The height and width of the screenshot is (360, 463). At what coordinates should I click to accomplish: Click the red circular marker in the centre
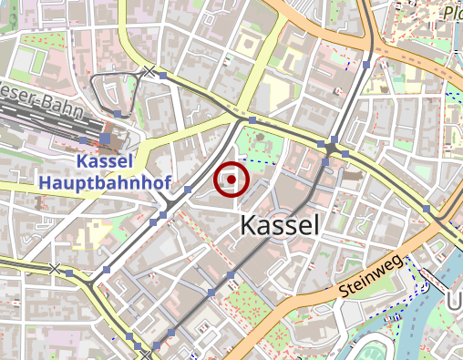pos(231,180)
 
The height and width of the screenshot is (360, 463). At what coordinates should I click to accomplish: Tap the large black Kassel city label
pos(280,226)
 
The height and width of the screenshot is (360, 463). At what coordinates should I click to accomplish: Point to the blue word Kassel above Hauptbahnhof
pos(105,162)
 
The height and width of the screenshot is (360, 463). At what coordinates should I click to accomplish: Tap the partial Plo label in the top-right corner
pos(452,13)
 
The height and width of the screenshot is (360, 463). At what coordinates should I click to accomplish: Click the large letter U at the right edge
pos(456,301)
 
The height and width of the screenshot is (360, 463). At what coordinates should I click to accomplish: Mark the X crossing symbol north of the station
pos(149,70)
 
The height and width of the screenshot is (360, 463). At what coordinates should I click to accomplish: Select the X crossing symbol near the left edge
pos(57,270)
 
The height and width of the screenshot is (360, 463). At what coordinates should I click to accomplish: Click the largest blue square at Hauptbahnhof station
pos(106,139)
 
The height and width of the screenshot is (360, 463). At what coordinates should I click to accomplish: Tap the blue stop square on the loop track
pos(118,114)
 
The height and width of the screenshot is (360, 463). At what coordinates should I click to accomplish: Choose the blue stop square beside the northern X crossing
pos(163,77)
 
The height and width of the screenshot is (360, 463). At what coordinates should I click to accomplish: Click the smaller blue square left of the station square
pos(84,139)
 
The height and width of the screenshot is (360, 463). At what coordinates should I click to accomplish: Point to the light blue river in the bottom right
pos(428,310)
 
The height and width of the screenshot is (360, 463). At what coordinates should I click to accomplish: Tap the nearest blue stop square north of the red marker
pos(252,119)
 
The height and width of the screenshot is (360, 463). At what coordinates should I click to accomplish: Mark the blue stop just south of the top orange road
pos(365,66)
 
